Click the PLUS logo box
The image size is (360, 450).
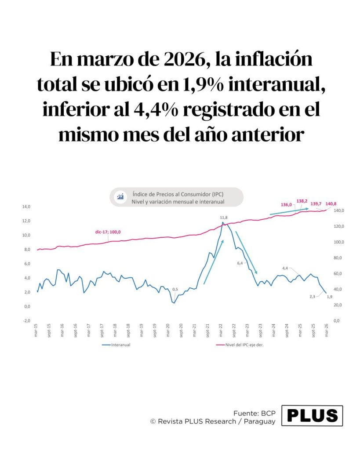(312, 415)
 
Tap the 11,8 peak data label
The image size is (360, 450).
(223, 218)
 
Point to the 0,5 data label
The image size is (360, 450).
(175, 289)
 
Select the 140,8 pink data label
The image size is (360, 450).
(331, 203)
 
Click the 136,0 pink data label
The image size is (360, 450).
(286, 204)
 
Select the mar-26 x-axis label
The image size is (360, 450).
(327, 330)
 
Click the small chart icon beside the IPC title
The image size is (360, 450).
(120, 197)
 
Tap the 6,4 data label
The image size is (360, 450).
(240, 263)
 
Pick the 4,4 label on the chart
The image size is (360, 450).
(285, 268)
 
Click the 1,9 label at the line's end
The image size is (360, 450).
(330, 297)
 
